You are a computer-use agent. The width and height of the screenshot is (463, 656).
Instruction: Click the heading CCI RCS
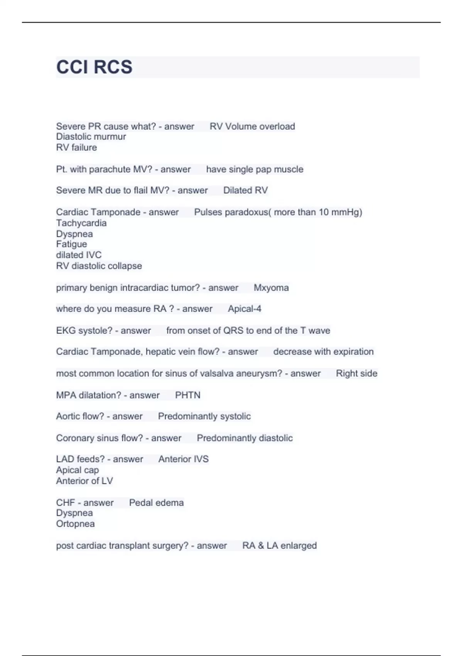[94, 67]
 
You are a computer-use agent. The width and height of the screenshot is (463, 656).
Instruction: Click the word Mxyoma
[271, 288]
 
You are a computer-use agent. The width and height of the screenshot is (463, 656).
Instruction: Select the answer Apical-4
[244, 309]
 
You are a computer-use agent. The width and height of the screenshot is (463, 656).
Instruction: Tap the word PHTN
[188, 396]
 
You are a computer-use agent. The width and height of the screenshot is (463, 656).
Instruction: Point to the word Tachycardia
[81, 223]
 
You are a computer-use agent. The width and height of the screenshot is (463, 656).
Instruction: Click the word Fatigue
[71, 244]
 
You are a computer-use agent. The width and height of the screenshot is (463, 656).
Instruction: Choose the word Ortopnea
[75, 524]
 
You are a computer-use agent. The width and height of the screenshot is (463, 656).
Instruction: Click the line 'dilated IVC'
[79, 255]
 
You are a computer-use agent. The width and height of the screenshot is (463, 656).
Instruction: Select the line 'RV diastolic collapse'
[99, 266]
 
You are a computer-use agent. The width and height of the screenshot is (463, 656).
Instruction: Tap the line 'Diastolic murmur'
[91, 137]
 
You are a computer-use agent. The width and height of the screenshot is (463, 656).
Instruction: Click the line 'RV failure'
[76, 148]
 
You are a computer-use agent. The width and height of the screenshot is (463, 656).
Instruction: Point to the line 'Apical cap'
[77, 470]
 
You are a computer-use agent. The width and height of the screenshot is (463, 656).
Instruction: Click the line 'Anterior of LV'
[84, 481]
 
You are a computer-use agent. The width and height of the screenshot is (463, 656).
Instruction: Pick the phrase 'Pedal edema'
[156, 503]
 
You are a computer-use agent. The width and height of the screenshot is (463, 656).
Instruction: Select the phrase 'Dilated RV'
[245, 191]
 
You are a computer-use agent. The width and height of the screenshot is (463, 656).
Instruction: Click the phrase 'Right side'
[357, 374]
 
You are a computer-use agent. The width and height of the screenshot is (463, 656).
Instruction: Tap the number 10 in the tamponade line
[324, 212]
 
